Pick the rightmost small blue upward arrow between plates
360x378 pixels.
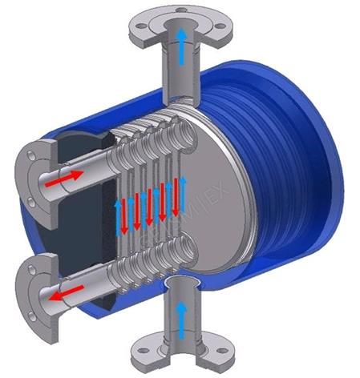[x=183, y=193]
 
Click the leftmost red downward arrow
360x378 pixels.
[x=126, y=211]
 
